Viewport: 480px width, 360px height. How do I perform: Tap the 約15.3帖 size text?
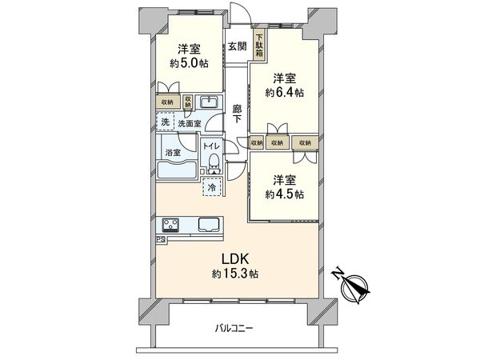[235, 274]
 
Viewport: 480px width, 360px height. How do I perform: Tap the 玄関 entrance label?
[236, 46]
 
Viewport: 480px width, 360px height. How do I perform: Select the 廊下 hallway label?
[237, 114]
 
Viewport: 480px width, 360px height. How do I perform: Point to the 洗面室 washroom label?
[190, 123]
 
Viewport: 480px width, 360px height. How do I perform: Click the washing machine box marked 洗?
[165, 122]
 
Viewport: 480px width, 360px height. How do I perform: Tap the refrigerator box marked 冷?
[212, 187]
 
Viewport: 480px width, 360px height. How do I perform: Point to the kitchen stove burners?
[172, 223]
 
